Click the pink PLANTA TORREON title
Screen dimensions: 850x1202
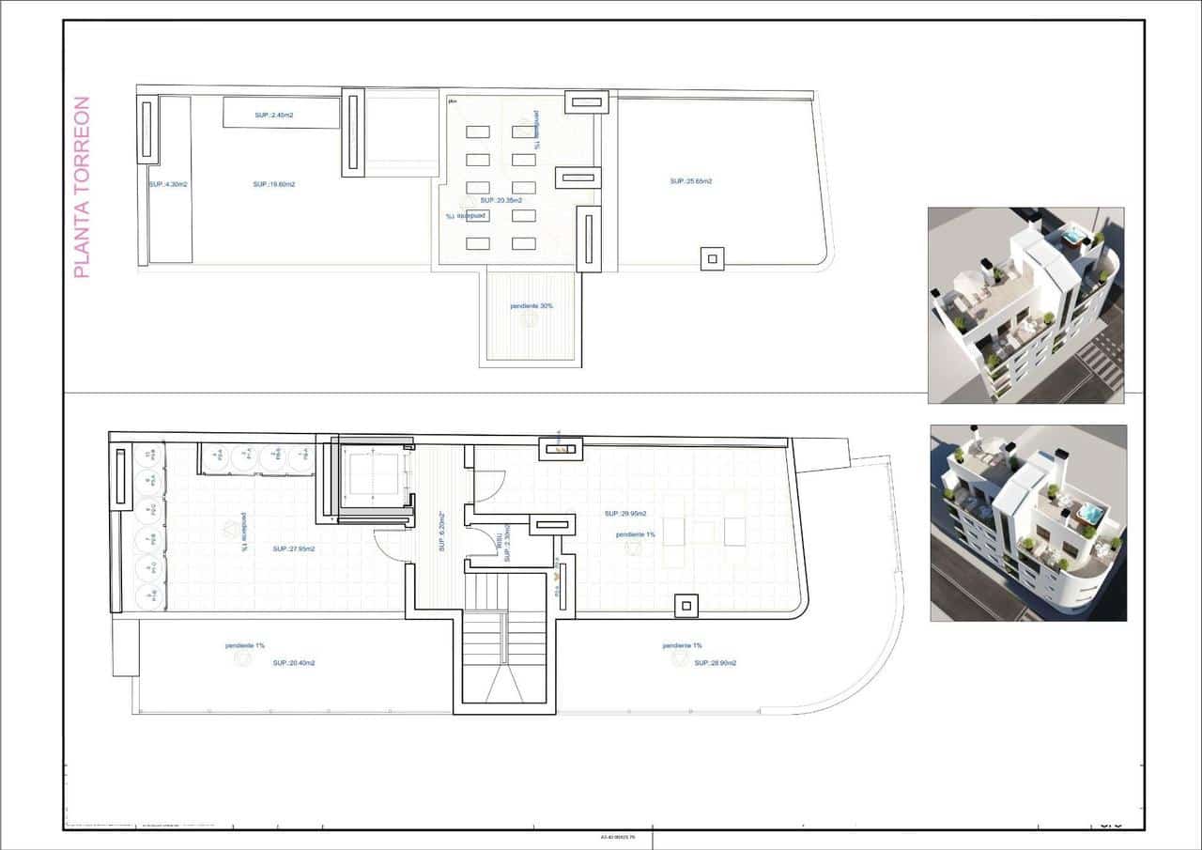click(82, 187)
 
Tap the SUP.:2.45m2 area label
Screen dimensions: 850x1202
click(273, 115)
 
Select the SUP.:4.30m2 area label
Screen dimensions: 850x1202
click(168, 184)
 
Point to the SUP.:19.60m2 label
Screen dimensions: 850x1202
click(274, 184)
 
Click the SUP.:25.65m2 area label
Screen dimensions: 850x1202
click(691, 180)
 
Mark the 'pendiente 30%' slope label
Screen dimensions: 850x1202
click(531, 306)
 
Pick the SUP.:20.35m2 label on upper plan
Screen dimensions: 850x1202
click(501, 200)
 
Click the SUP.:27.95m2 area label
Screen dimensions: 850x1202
click(294, 549)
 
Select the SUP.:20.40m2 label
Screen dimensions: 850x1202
click(294, 662)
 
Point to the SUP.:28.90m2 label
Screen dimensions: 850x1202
click(716, 662)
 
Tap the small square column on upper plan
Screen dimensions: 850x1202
click(713, 258)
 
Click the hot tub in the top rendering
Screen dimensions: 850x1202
click(1072, 235)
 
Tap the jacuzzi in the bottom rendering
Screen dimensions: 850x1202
click(1089, 513)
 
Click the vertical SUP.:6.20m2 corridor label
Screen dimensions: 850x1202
click(439, 532)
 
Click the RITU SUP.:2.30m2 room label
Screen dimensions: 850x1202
click(505, 543)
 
